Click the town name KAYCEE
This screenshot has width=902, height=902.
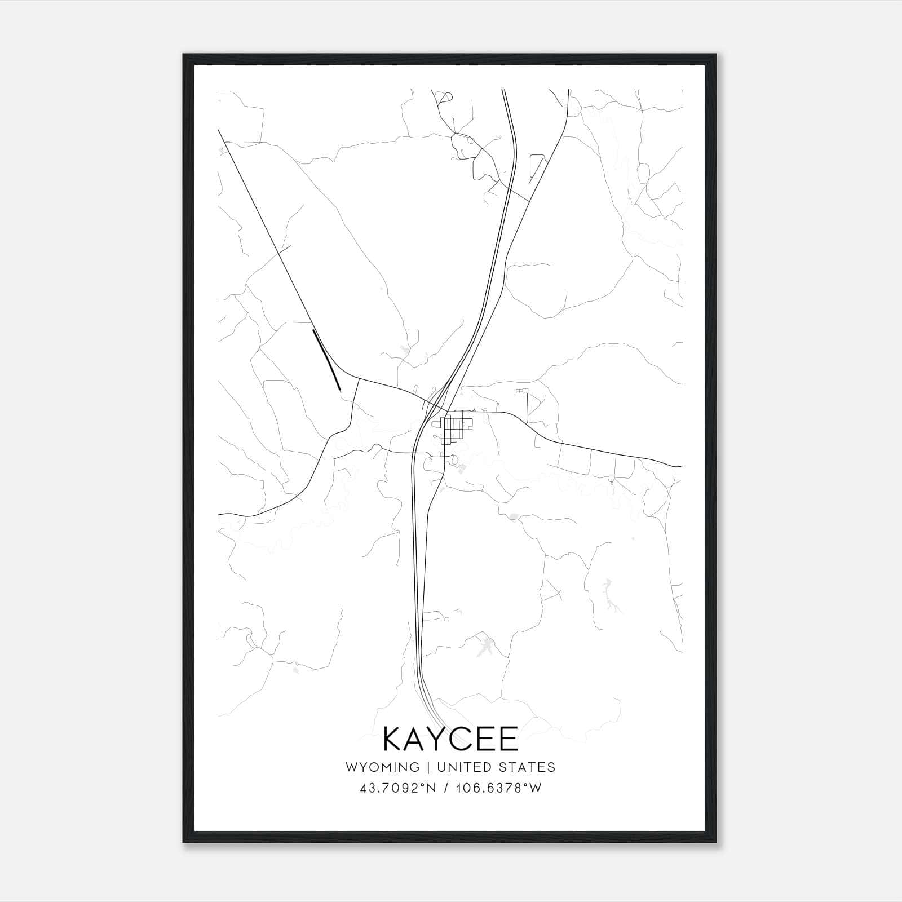450,739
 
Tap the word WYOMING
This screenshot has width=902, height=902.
382,767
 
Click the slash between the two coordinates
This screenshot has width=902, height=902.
446,788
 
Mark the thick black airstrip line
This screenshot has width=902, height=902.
326,360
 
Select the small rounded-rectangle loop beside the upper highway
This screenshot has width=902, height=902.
536,164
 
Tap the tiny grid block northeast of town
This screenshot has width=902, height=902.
521,391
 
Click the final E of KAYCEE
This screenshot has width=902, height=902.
508,739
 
